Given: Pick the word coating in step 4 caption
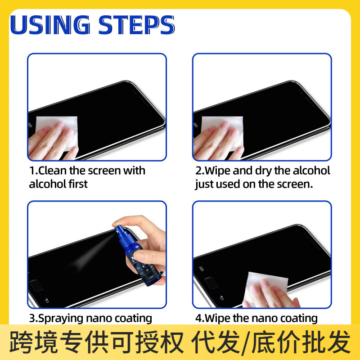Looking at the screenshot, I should pos(299,319).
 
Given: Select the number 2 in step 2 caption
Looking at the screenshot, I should pos(198,171).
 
